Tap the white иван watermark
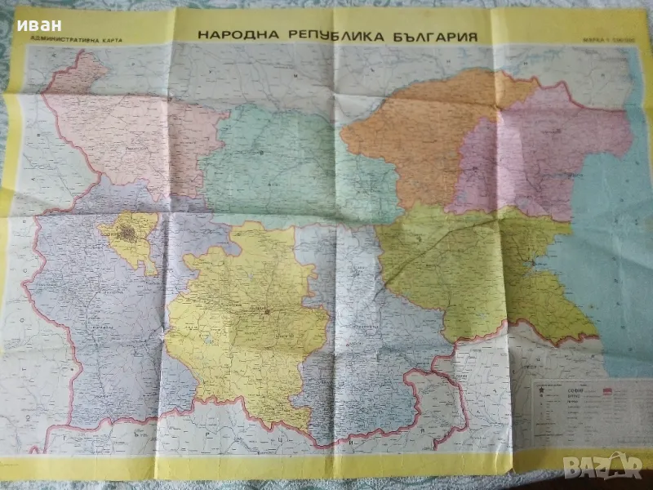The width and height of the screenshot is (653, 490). (x=38, y=24)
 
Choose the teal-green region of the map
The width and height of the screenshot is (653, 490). (x=269, y=163)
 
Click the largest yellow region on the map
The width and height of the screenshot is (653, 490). (x=245, y=327)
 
